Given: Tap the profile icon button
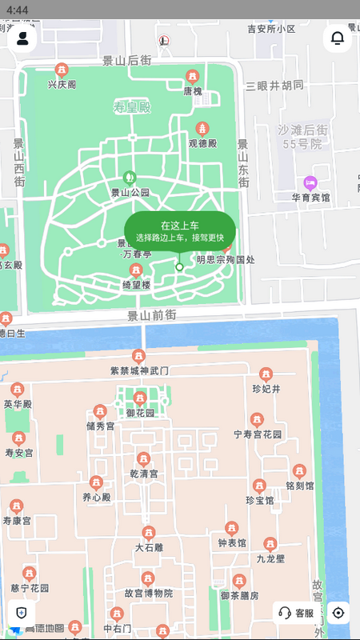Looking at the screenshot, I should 22,38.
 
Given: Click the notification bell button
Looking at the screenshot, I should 338,38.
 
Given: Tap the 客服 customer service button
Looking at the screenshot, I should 296,614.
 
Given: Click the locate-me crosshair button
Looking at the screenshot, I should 338,614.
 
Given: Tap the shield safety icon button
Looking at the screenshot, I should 22,614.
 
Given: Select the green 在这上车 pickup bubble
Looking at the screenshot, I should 179,231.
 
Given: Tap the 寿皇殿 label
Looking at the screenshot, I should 132,107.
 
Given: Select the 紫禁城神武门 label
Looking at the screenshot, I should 139,371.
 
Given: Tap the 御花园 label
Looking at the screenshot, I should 140,413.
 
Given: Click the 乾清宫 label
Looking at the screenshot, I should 144,474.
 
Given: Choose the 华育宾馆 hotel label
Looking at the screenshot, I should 310,197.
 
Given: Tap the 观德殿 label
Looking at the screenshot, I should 203,144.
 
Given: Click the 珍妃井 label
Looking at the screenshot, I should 266,389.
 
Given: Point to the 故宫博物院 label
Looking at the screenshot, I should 148,594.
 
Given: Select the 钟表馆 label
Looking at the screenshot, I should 232,542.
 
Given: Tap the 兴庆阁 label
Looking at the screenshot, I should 62,84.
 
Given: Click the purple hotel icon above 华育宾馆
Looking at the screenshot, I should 310,182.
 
